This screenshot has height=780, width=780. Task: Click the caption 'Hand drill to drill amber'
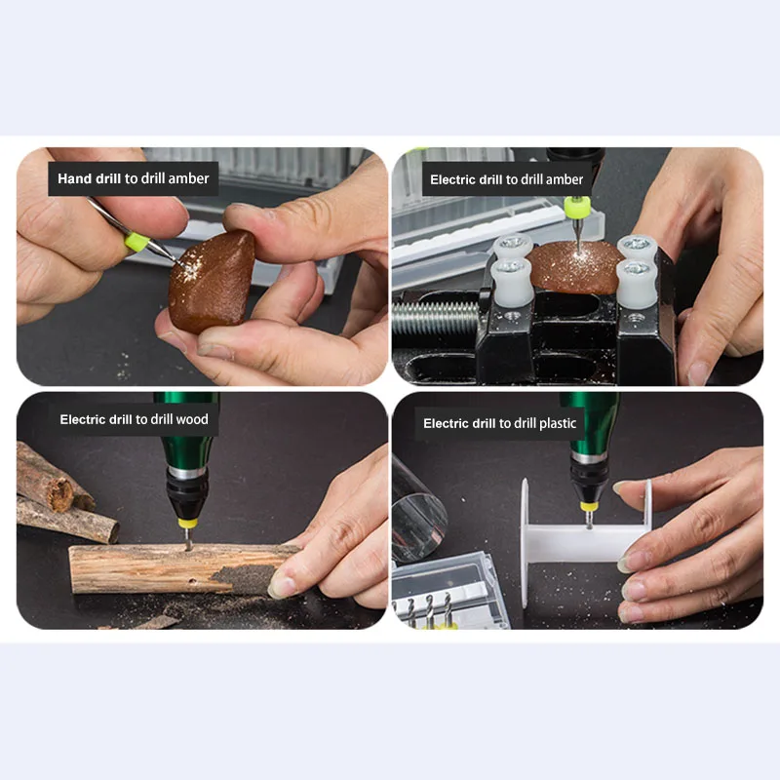tap(133, 179)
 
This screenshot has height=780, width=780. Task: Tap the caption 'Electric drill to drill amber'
tap(506, 179)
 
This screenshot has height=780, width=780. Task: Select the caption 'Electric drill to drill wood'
tap(134, 419)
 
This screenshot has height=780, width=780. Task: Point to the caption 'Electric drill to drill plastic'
tap(499, 423)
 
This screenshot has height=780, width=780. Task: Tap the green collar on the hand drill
tap(136, 241)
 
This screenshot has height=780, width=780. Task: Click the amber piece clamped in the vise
tap(575, 267)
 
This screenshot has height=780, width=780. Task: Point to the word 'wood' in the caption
tap(191, 419)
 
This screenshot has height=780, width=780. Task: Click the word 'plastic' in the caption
tap(558, 423)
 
